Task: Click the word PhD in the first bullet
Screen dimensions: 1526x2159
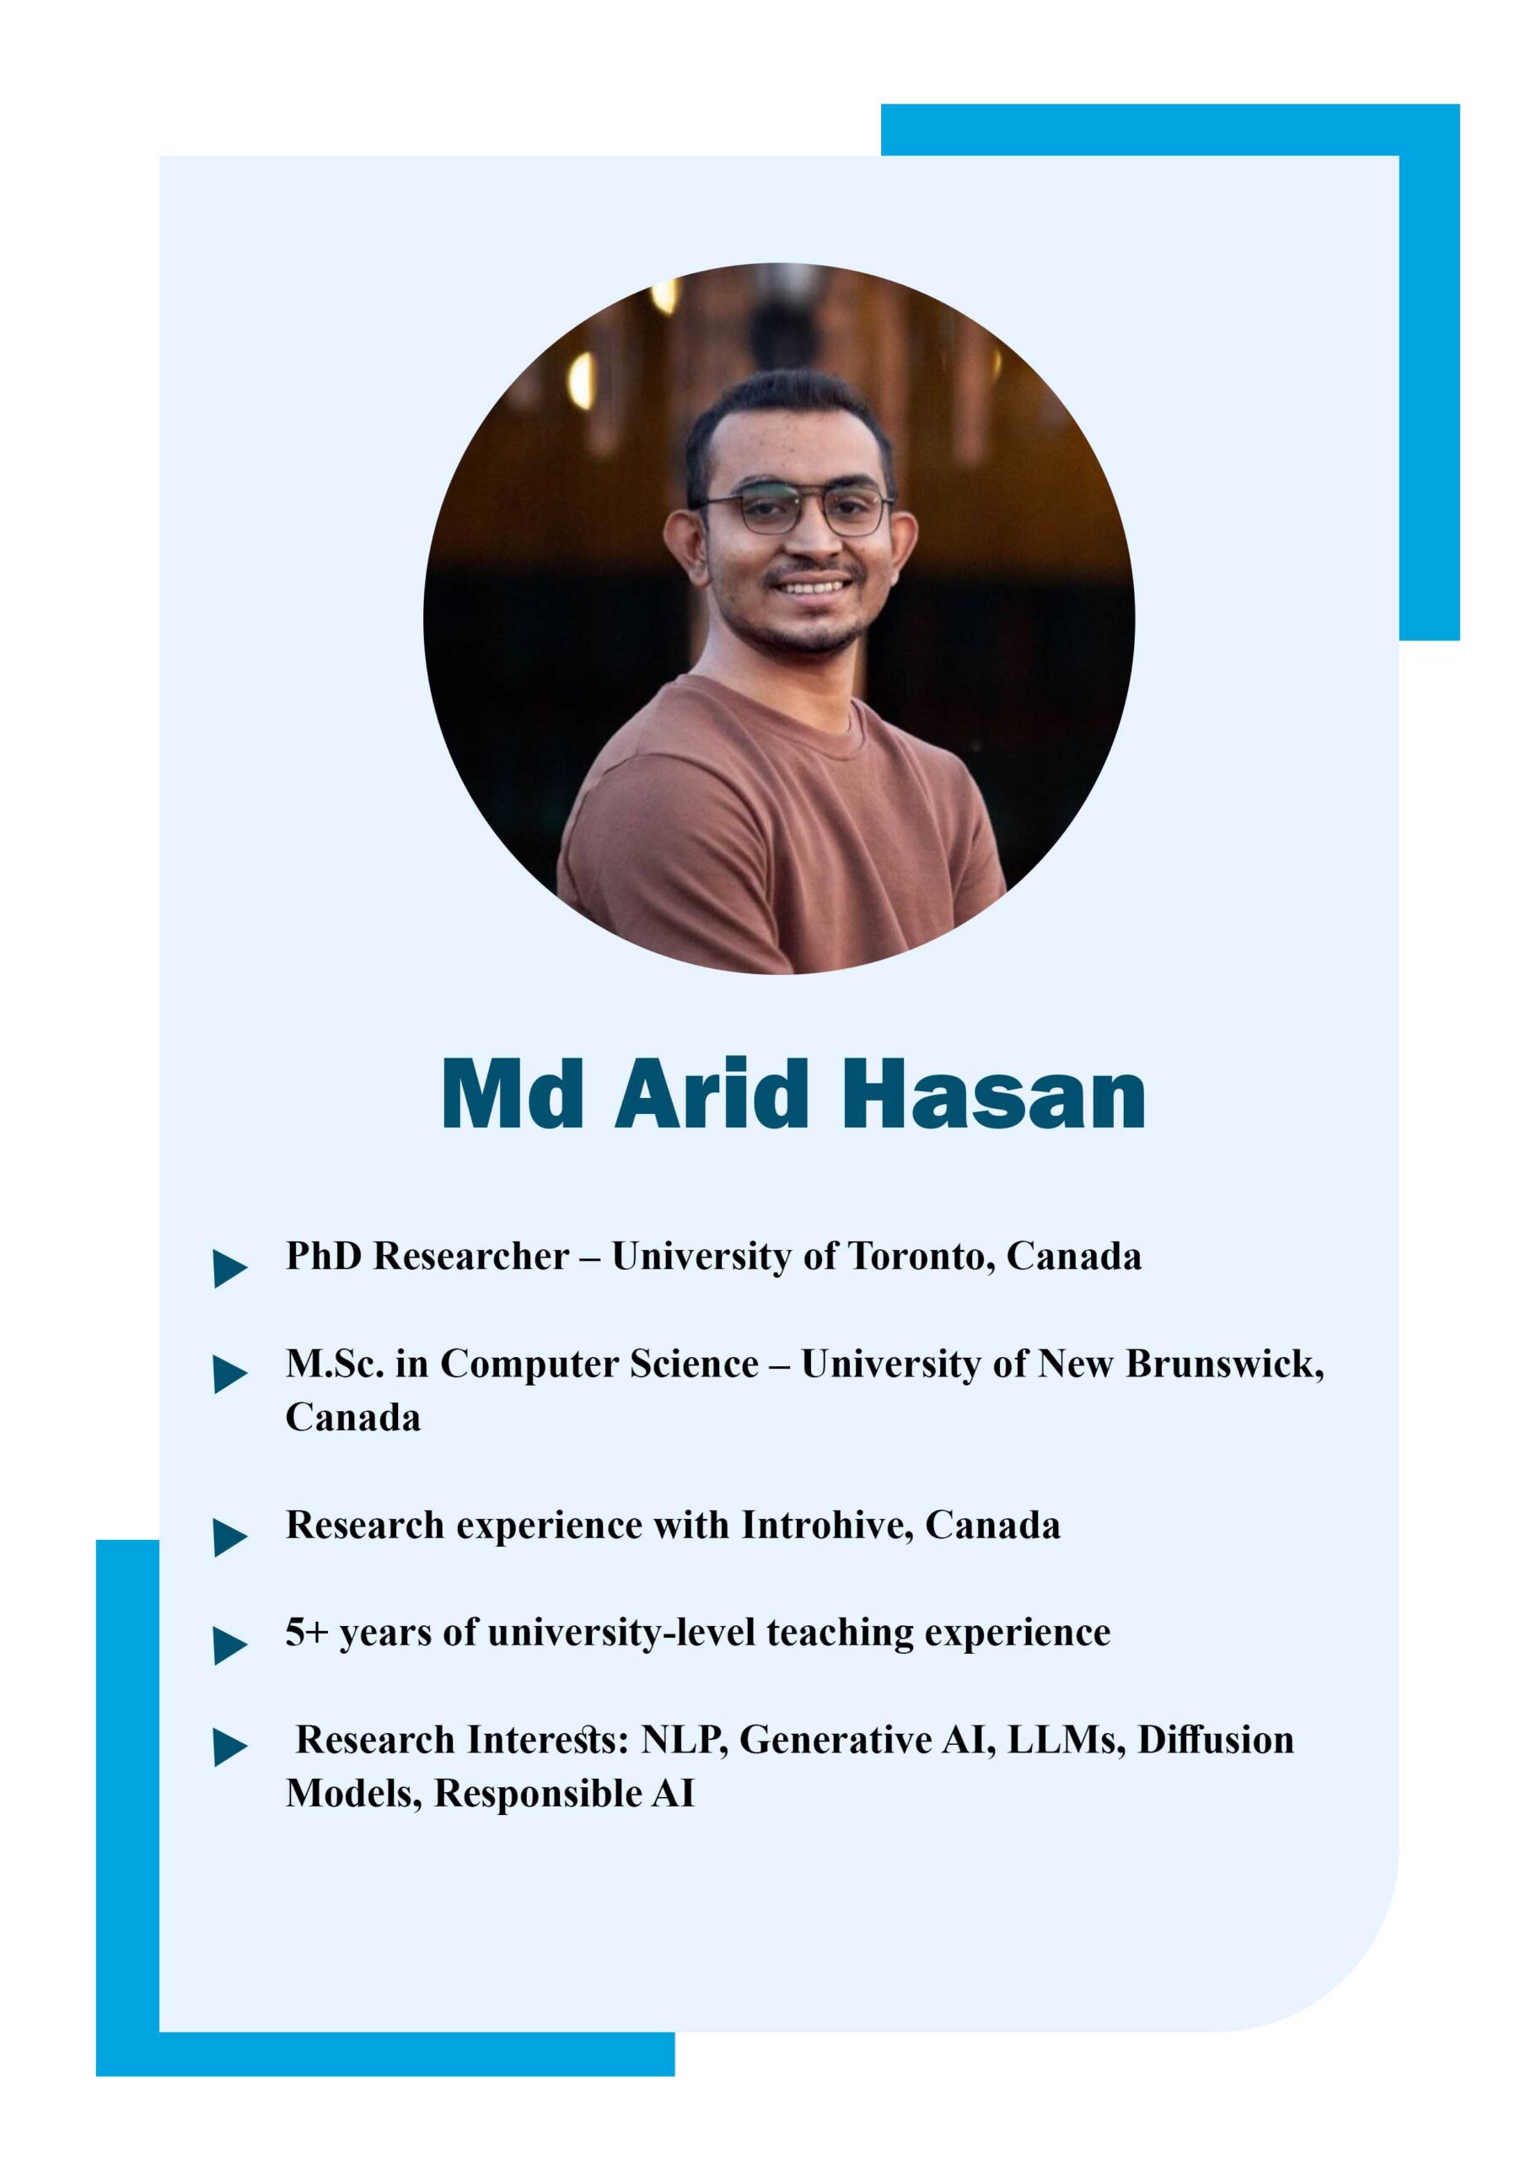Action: [x=324, y=1257]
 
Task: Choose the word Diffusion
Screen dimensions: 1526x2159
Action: [x=1216, y=1741]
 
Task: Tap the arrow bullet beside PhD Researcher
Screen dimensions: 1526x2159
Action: [x=230, y=1268]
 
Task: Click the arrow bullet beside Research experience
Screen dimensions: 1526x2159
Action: [x=230, y=1537]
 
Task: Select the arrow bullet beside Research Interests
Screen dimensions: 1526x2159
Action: [x=230, y=1747]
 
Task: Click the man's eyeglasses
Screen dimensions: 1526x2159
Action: [x=795, y=512]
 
